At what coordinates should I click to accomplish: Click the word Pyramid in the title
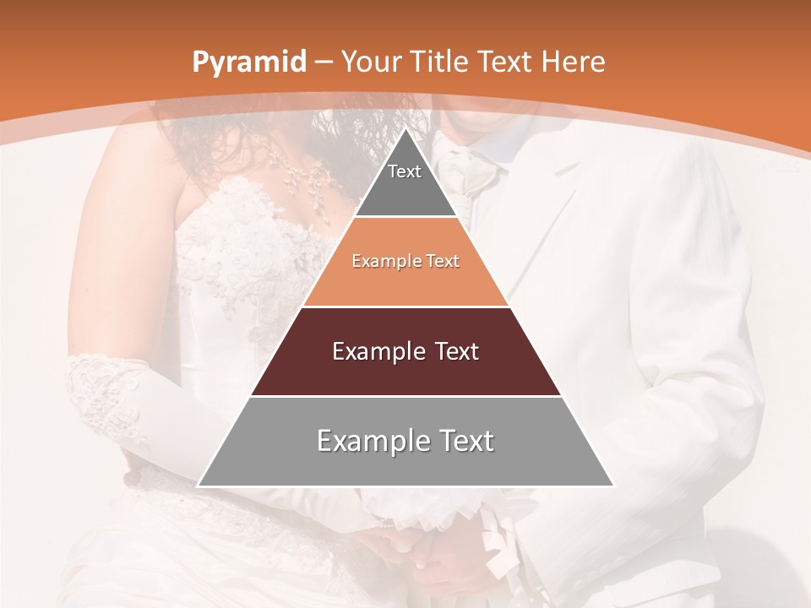[248, 62]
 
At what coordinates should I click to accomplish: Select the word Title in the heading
[442, 62]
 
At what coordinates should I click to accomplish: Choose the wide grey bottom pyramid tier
[405, 464]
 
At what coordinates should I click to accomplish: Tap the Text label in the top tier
[405, 171]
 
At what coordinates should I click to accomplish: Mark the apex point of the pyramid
[406, 128]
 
